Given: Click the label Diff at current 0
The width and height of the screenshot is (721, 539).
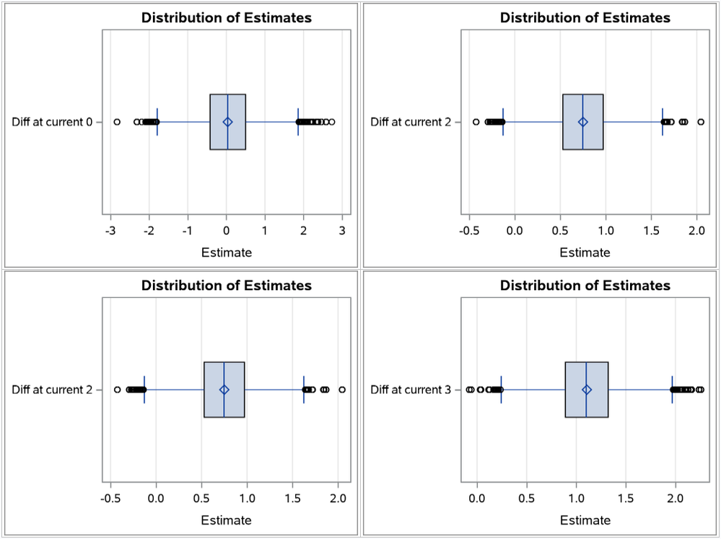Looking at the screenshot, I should [x=52, y=122].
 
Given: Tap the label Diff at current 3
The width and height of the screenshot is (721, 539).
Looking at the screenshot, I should [x=411, y=390].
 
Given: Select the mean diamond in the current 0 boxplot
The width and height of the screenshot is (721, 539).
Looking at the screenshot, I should [x=227, y=122].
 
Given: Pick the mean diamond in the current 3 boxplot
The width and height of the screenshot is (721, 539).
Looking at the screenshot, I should [x=587, y=390].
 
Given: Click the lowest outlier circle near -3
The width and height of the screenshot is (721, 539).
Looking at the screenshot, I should [x=117, y=122].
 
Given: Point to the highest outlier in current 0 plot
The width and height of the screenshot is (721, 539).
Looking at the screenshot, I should [x=331, y=122].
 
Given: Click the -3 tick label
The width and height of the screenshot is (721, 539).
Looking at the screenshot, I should [x=110, y=230].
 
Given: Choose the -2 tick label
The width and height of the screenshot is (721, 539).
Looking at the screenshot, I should [x=149, y=230].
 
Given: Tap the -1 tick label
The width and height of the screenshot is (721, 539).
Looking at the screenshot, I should [x=188, y=230].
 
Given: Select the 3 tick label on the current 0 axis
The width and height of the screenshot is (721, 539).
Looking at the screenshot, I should [x=342, y=230].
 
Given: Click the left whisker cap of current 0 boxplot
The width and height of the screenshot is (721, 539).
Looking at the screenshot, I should [x=157, y=122].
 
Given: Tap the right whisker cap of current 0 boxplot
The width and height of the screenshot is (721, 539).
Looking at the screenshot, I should [x=298, y=122].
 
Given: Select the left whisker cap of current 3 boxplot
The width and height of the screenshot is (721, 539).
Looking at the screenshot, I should [x=501, y=390].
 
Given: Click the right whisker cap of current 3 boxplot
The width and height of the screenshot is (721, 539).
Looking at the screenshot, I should [x=672, y=390].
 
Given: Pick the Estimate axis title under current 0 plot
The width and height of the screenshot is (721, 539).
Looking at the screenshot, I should [x=227, y=253].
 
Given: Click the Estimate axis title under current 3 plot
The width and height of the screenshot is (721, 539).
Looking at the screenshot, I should [x=585, y=520].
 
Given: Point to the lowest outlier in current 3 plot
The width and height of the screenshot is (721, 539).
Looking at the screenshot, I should [x=470, y=390].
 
